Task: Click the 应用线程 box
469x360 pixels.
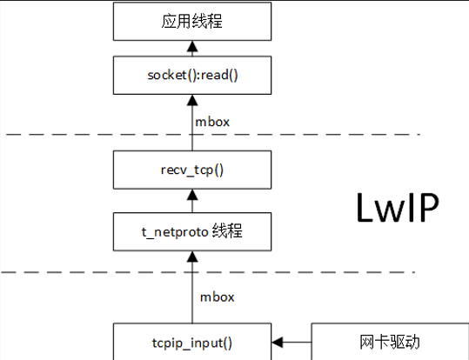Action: (x=192, y=21)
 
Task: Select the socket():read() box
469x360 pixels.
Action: (x=192, y=75)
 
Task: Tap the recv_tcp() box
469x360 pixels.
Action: (x=192, y=170)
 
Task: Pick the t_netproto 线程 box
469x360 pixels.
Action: (x=192, y=231)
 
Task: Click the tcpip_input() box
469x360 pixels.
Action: (x=192, y=342)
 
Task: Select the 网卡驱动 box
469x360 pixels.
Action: (x=390, y=342)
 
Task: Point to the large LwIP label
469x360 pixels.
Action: (x=398, y=208)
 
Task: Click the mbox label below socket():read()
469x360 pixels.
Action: (x=212, y=122)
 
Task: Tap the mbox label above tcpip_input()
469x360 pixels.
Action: (x=218, y=297)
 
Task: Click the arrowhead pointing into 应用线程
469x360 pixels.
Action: (x=192, y=46)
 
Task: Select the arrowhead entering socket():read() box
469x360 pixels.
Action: (x=192, y=100)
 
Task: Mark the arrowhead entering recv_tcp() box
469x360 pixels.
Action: (x=192, y=195)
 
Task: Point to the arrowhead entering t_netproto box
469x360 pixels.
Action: (x=192, y=257)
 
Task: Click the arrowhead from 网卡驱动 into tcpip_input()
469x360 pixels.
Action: (x=278, y=342)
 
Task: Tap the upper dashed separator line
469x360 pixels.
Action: (x=213, y=135)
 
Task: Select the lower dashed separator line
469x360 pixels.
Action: (x=208, y=272)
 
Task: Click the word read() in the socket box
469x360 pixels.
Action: (x=219, y=75)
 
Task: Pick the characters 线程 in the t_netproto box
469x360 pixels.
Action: (x=227, y=230)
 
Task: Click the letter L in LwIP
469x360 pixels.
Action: (x=365, y=208)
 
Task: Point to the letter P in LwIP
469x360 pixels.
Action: (x=429, y=208)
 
